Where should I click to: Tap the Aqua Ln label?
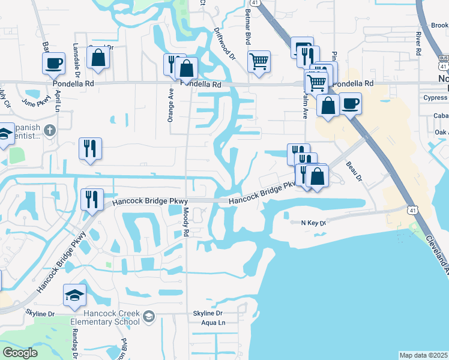[x=213, y=323]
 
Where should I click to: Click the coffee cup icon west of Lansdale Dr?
[x=53, y=62]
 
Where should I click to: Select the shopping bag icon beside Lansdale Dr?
[x=98, y=58]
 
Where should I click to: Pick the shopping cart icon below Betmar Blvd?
[x=259, y=61]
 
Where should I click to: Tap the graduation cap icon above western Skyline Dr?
[x=75, y=295]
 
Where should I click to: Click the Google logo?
[x=20, y=353]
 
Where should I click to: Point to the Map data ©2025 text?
[x=424, y=355]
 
